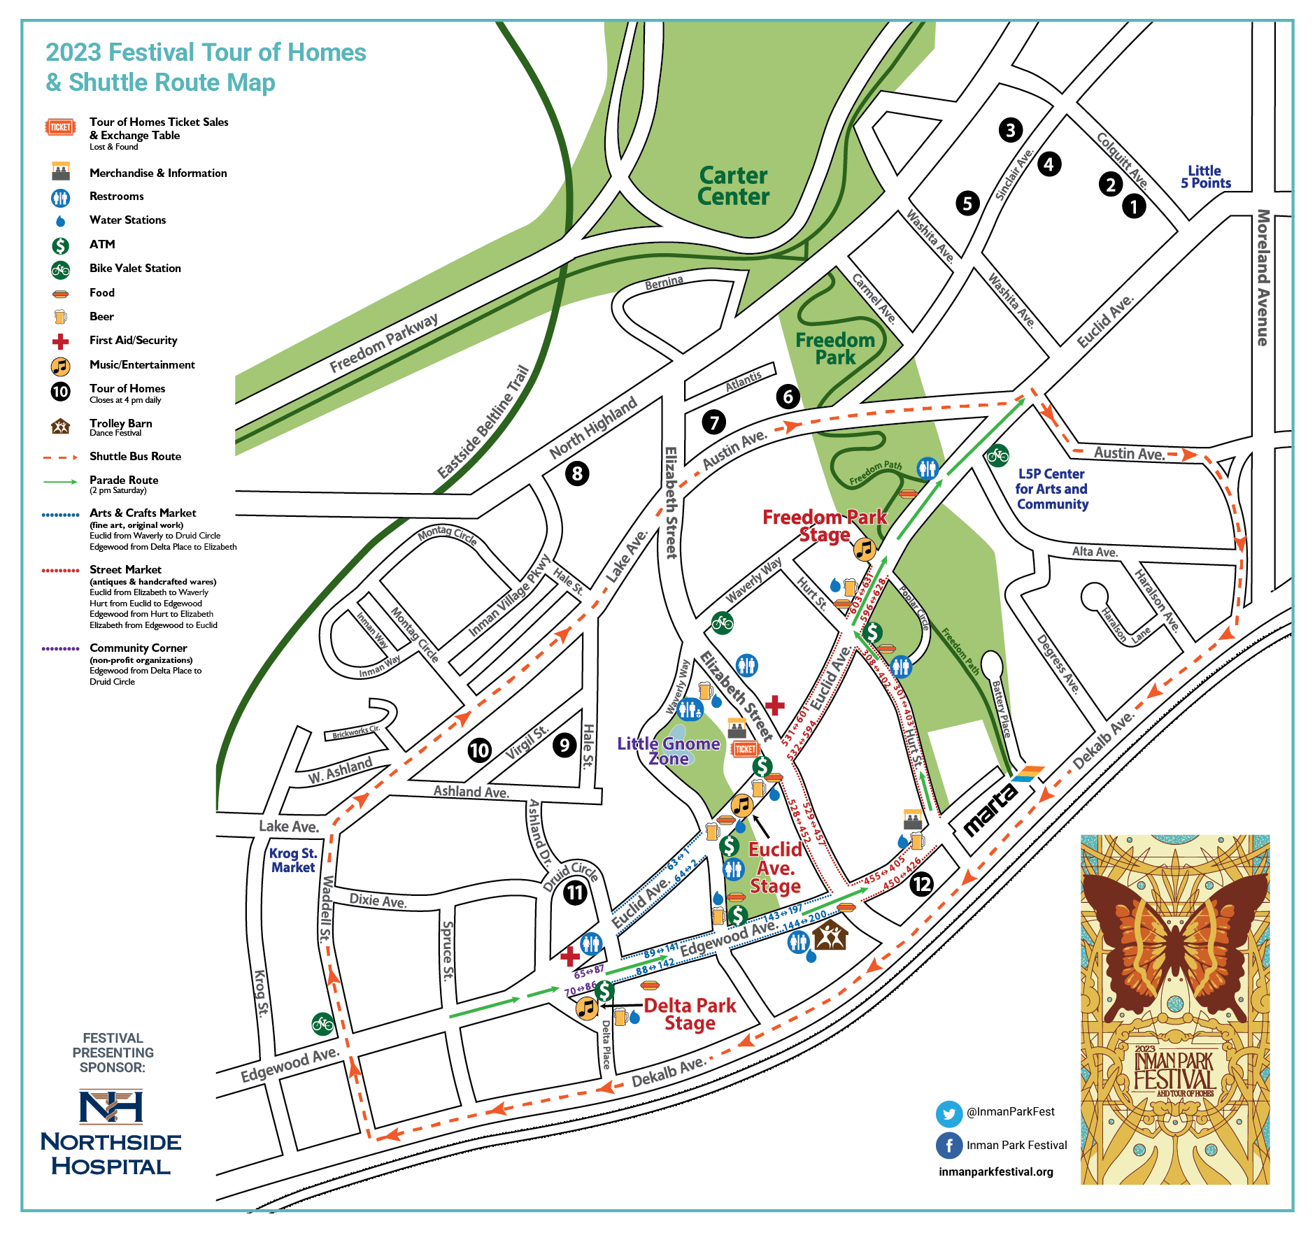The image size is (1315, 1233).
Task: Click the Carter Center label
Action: [733, 186]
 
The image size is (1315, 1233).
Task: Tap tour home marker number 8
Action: [577, 473]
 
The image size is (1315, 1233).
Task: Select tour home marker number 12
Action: [921, 884]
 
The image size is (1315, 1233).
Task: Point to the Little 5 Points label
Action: [1205, 177]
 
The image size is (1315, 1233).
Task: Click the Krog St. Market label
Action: [293, 860]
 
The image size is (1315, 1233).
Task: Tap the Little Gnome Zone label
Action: [668, 751]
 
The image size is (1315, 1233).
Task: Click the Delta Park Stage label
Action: [690, 1014]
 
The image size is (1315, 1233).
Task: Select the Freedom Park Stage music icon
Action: [865, 549]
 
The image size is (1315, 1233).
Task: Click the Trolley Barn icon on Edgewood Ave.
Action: [830, 936]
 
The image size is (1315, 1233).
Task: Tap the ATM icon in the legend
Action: [61, 245]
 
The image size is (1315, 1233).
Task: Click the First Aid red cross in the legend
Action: [61, 341]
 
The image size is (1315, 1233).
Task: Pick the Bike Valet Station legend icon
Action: [61, 269]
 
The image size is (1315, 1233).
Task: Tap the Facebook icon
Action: [948, 1146]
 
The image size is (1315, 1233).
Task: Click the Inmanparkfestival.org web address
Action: [995, 1172]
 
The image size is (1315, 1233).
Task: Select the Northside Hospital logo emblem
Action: [111, 1106]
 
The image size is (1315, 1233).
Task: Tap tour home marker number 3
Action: [1010, 129]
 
